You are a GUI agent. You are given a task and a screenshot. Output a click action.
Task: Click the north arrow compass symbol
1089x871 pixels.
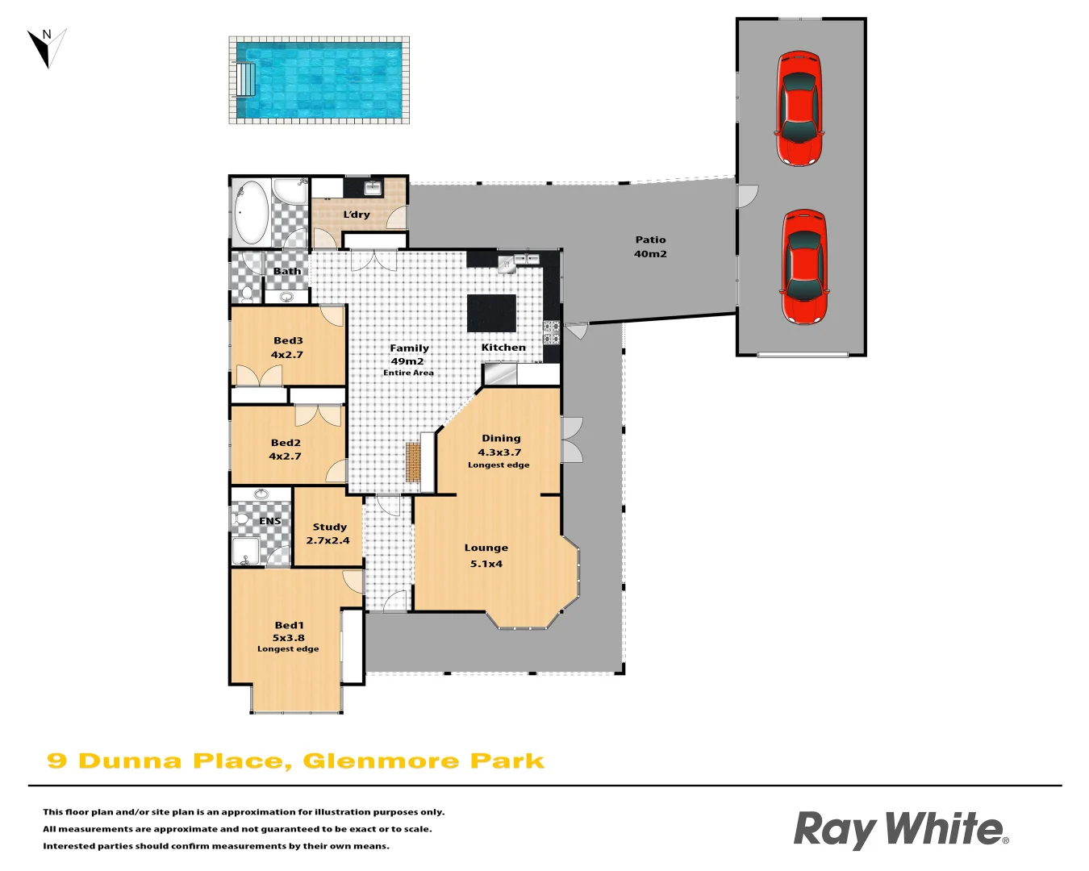47,48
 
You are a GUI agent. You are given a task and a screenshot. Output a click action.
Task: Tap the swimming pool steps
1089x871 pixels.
246,79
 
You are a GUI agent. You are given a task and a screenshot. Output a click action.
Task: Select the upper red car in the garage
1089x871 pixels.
799,108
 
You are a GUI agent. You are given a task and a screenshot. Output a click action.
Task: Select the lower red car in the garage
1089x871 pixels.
803,267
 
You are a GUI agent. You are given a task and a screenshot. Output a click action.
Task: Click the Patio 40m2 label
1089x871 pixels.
650,247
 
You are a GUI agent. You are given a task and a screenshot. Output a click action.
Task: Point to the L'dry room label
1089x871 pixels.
357,215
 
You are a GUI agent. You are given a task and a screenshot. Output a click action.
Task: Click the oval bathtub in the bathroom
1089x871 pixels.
251,212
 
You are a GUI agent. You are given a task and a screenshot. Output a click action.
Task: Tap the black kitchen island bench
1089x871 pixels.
491,313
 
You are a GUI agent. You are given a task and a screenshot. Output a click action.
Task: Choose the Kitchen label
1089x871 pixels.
503,348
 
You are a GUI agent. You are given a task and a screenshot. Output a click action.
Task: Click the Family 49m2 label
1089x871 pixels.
409,355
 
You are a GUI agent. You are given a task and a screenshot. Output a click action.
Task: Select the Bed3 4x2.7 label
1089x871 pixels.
287,348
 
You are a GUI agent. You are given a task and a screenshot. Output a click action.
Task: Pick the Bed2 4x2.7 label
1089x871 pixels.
286,449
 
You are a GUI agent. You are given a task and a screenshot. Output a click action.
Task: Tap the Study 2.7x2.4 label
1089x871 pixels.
328,534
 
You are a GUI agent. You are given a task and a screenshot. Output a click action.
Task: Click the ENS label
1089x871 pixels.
270,521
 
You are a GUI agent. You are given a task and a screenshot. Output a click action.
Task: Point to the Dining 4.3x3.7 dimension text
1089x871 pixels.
499,452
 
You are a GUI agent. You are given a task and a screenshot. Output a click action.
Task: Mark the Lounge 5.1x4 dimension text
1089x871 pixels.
486,564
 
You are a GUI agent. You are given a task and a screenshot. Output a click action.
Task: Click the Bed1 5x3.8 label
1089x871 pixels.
289,631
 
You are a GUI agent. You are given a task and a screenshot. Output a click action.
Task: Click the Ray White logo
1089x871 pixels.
900,830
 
